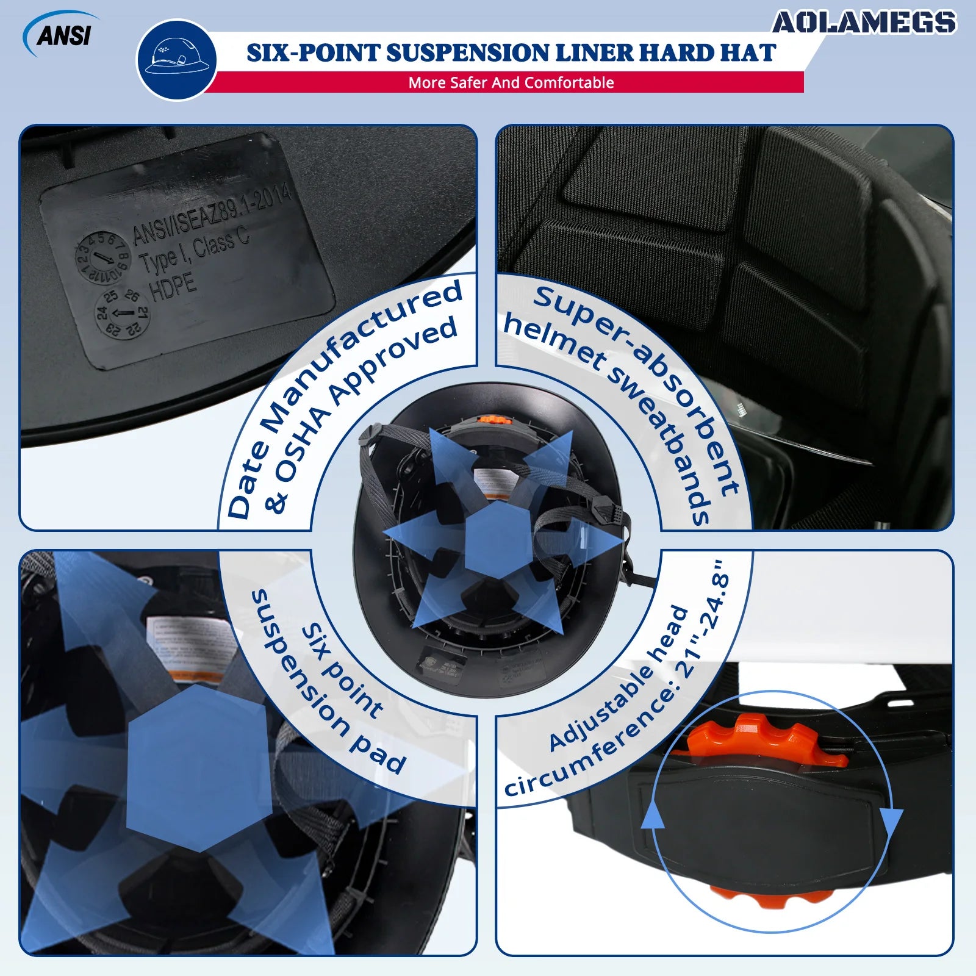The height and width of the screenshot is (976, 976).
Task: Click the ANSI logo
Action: [x=63, y=35]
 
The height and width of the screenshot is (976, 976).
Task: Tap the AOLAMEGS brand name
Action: [x=864, y=23]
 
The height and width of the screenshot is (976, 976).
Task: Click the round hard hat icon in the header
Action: [x=176, y=60]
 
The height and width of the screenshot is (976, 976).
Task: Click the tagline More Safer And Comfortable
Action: [x=511, y=83]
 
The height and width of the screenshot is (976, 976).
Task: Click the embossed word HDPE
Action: [x=173, y=287]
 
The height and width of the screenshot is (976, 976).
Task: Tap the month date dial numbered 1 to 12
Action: [x=102, y=256]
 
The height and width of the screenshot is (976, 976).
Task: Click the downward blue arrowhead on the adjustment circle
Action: [x=891, y=821]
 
